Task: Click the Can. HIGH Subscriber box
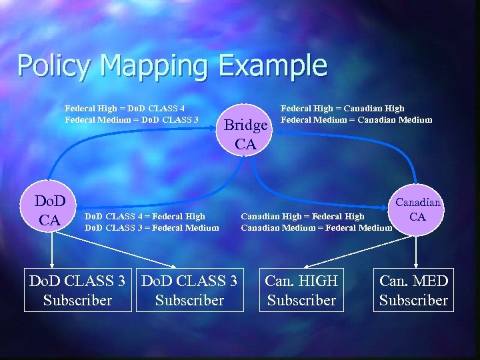pyautogui.click(x=301, y=291)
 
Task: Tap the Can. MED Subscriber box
pyautogui.click(x=413, y=291)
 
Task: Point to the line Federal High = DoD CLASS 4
pyautogui.click(x=125, y=108)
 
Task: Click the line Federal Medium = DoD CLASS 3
pyautogui.click(x=131, y=120)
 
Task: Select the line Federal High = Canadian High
pyautogui.click(x=343, y=108)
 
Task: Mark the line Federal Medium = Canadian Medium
pyautogui.click(x=357, y=120)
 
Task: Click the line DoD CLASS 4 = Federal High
pyautogui.click(x=145, y=216)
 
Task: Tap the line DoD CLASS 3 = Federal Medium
pyautogui.click(x=152, y=228)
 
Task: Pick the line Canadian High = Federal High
pyautogui.click(x=303, y=216)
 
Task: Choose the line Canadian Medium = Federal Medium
pyautogui.click(x=317, y=228)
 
